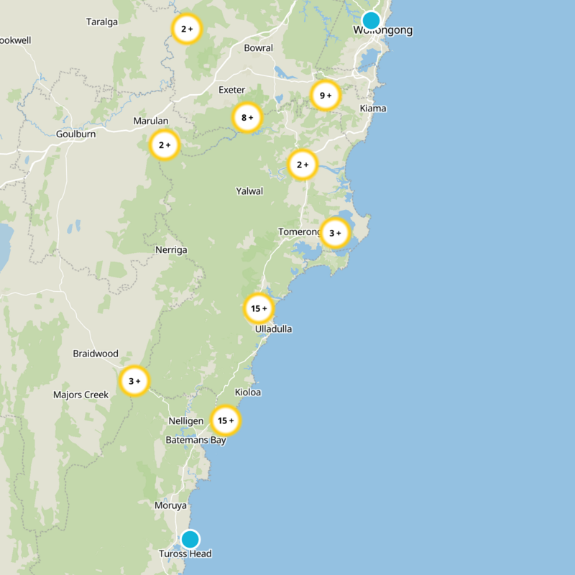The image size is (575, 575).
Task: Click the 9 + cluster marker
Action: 325,95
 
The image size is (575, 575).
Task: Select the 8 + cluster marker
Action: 247,117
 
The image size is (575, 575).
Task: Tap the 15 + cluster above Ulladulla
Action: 258,308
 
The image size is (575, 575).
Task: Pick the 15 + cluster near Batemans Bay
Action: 226,420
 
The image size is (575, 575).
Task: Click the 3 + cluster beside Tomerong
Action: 335,233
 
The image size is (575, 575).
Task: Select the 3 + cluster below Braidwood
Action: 134,381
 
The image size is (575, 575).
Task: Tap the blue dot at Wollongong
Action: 371,19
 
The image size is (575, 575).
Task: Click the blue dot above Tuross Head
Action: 190,539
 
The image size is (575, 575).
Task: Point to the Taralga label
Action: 101,22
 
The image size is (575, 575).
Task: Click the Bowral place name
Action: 259,48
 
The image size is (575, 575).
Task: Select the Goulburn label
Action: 75,134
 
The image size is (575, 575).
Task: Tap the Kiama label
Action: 373,109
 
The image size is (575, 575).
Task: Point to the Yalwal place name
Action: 249,191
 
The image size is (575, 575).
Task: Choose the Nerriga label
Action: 171,250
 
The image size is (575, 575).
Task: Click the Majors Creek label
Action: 80,395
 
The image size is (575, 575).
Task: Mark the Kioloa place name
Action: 248,392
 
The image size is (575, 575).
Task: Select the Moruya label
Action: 170,506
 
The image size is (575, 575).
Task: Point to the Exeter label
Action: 231,90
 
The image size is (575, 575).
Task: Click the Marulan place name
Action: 151,121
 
